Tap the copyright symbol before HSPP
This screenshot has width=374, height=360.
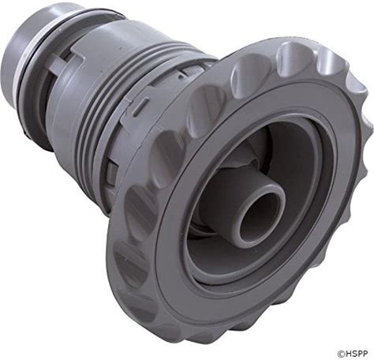tap(341, 354)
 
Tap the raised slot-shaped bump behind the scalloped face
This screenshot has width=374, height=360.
tap(139, 107)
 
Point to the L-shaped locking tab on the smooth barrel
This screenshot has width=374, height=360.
tap(62, 63)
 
